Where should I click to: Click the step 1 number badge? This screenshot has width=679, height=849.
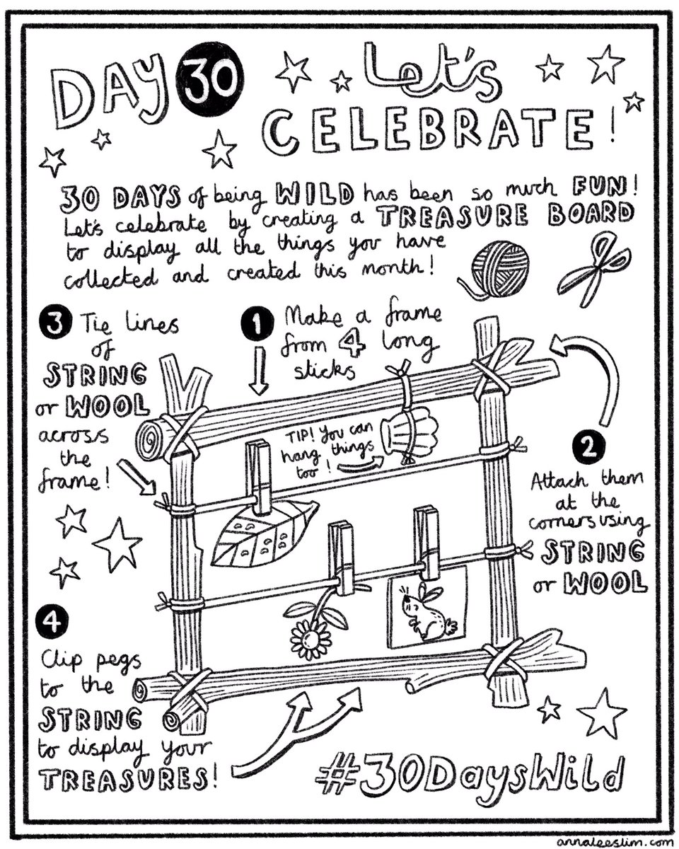pyautogui.click(x=257, y=323)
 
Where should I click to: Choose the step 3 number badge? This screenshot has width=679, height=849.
pyautogui.click(x=56, y=323)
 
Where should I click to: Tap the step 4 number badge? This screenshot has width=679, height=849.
pyautogui.click(x=52, y=623)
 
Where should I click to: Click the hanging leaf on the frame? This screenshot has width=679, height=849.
pyautogui.click(x=264, y=536)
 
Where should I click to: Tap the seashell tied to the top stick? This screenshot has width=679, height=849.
pyautogui.click(x=409, y=433)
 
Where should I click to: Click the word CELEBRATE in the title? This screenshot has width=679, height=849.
pyautogui.click(x=429, y=129)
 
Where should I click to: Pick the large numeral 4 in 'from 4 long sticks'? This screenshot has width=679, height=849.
pyautogui.click(x=352, y=342)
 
